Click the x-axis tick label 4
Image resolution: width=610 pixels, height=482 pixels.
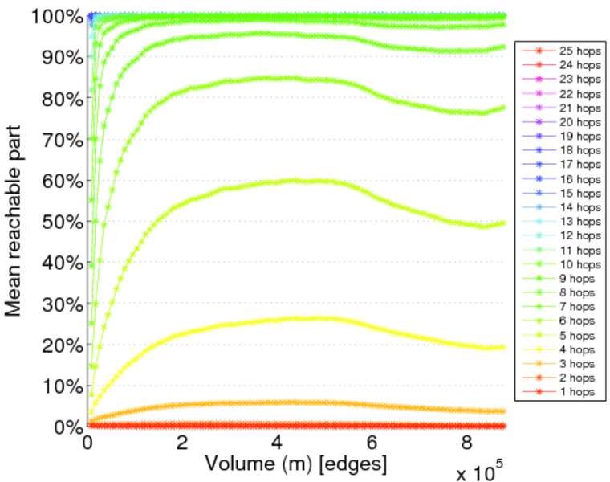277,443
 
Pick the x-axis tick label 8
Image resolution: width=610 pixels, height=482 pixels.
466,443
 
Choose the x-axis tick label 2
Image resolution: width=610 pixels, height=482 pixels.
183,443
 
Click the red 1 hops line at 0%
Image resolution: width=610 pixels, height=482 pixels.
321,425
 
